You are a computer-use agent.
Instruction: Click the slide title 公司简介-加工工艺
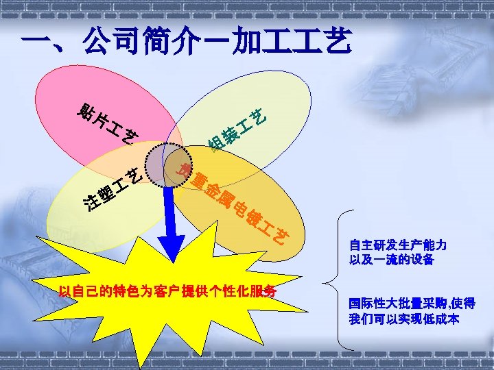[185, 43]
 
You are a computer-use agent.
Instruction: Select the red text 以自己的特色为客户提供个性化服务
[167, 291]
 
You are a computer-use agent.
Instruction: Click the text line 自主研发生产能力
[398, 245]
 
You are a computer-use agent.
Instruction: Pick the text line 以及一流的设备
[392, 260]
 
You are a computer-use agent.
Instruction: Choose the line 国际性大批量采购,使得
[412, 304]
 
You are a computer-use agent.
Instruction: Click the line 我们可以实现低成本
[404, 319]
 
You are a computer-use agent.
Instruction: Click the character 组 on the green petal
[217, 145]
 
